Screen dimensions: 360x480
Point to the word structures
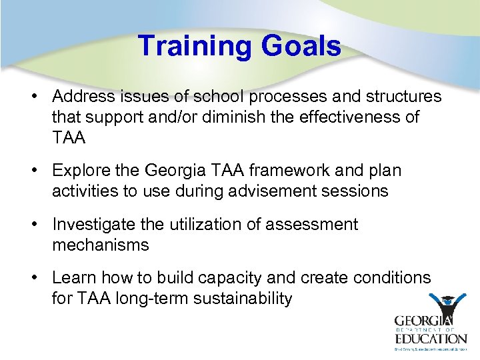click(403, 97)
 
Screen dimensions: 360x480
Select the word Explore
click(79, 171)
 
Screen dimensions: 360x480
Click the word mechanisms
click(101, 245)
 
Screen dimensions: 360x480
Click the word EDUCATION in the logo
click(431, 337)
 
